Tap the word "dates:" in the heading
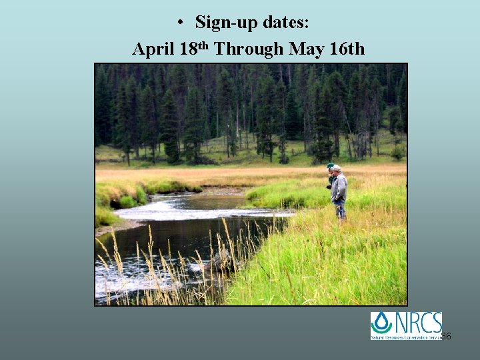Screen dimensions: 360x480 (x=285, y=23)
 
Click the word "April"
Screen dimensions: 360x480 (x=153, y=49)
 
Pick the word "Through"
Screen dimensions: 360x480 (x=249, y=49)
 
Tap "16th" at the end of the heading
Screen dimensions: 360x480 (x=345, y=49)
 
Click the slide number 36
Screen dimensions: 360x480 (x=446, y=336)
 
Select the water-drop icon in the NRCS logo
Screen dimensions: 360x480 (x=382, y=323)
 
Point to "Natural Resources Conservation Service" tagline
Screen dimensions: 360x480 (x=407, y=337)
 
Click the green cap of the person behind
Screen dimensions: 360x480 (x=330, y=165)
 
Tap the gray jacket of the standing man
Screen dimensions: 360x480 (x=339, y=187)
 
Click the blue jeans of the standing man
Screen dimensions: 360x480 (x=341, y=211)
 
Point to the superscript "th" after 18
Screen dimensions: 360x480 (x=204, y=44)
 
